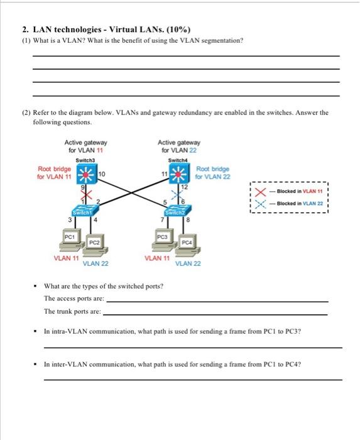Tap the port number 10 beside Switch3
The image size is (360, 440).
(x=102, y=173)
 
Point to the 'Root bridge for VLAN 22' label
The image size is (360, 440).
(x=212, y=173)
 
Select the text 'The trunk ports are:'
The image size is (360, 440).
(x=72, y=311)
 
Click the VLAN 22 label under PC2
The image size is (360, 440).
(x=95, y=263)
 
